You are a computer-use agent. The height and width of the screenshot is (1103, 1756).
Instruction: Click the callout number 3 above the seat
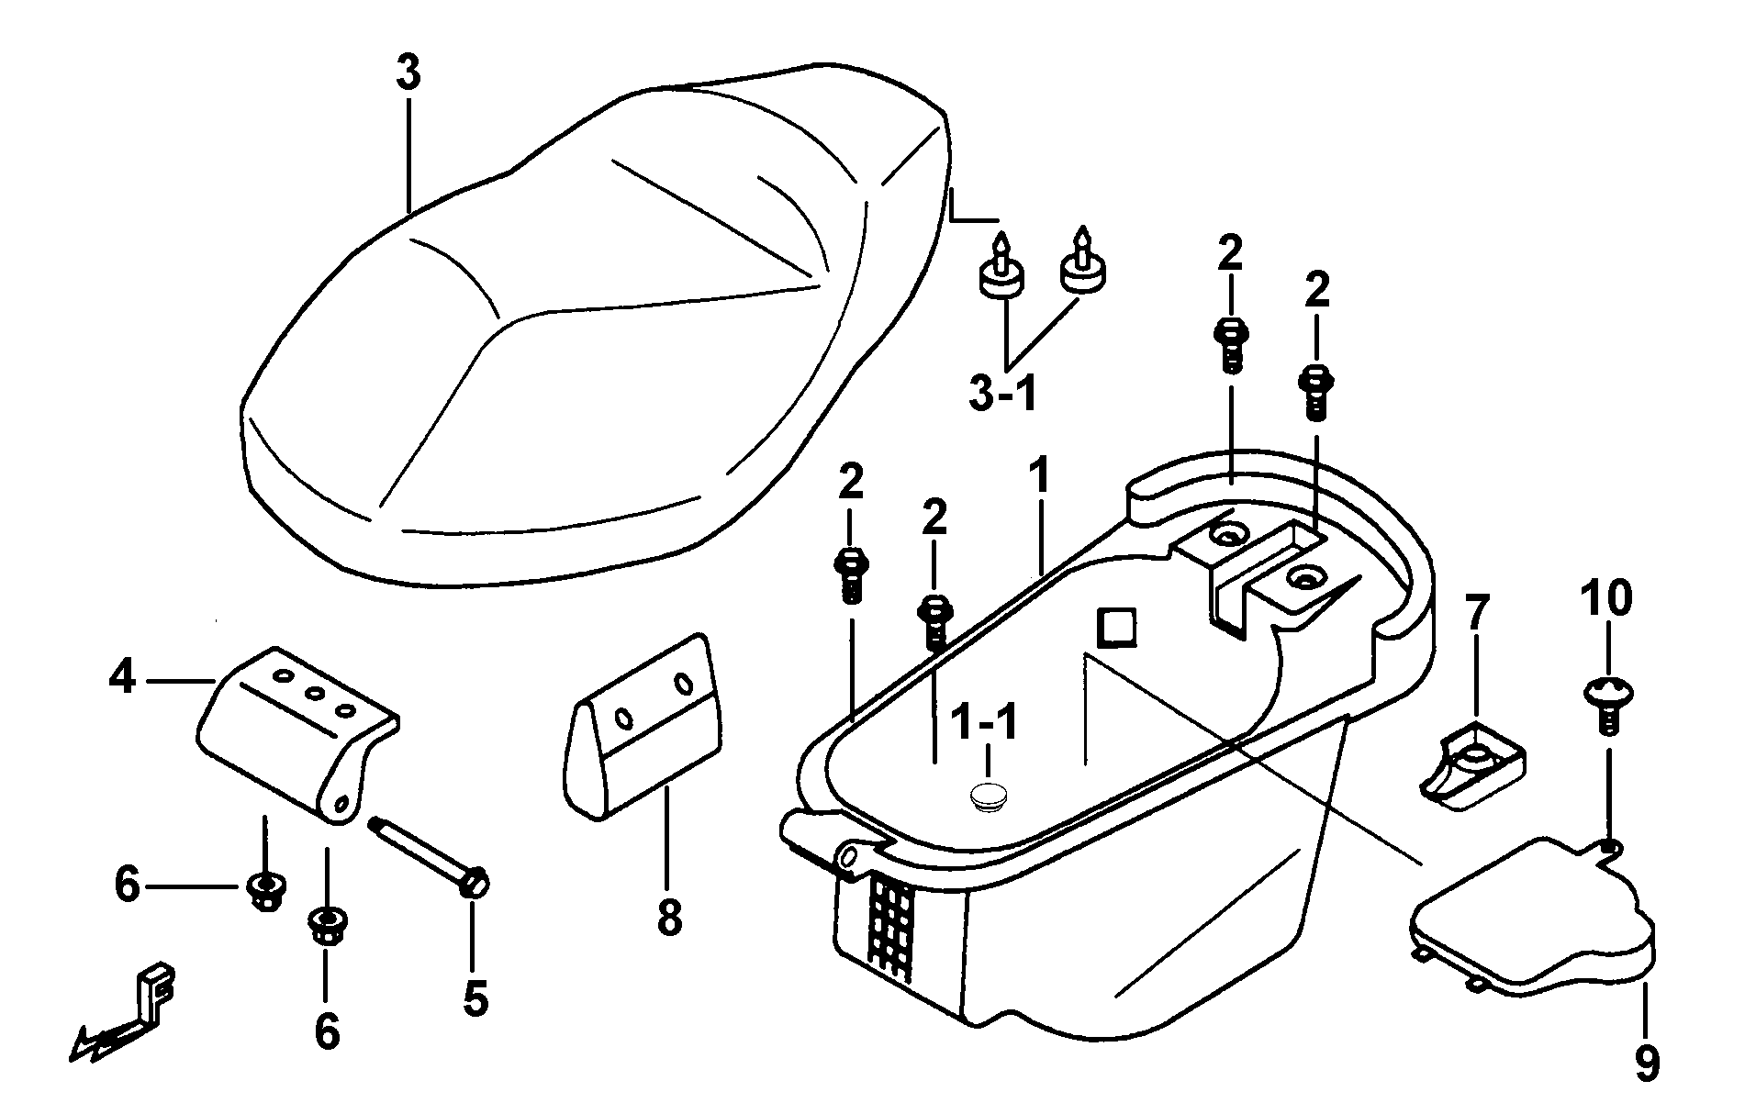pos(408,72)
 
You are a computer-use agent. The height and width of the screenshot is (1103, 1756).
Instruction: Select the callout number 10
pos(1606,598)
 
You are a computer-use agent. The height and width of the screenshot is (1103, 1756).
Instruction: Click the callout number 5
pos(475,997)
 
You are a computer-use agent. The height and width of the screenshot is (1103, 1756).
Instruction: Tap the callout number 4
pos(122,679)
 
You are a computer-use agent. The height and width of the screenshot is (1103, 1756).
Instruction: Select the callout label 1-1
pos(985,723)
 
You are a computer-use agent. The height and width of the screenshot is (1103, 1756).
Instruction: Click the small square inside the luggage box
pos(1114,629)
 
